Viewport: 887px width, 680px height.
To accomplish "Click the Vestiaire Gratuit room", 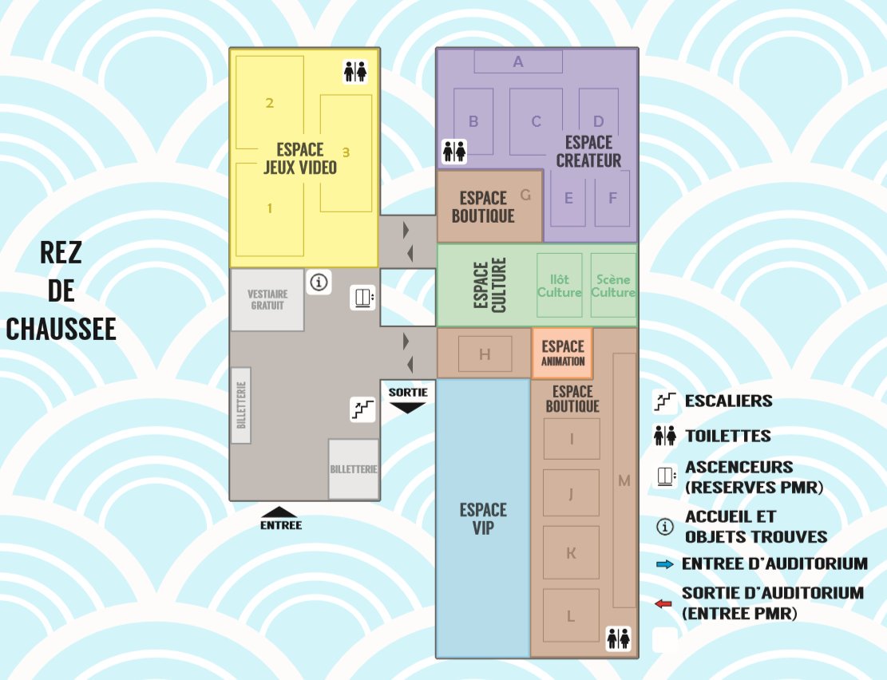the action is tap(267, 300).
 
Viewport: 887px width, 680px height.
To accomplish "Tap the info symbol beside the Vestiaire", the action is tap(319, 282).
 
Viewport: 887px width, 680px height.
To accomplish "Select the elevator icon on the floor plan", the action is tap(362, 298).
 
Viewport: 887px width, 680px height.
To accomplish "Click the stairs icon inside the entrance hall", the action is tap(362, 409).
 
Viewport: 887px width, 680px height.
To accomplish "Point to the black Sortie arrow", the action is tap(408, 407).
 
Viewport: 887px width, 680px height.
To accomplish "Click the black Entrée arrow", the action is tap(280, 512).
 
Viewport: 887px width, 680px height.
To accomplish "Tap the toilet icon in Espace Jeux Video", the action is tap(355, 72).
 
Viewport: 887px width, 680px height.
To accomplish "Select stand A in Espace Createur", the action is tap(518, 61).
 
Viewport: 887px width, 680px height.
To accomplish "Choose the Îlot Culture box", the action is tap(560, 285).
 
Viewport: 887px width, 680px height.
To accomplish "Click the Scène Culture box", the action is tap(613, 285).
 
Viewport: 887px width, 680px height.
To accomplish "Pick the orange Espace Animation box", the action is tap(562, 353).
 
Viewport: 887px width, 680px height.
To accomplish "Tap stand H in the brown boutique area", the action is tap(485, 354).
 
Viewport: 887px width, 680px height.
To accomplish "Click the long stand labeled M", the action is tap(624, 480).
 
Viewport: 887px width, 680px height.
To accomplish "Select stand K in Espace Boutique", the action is tap(572, 552).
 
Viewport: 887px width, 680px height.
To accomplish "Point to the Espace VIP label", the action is tap(483, 519).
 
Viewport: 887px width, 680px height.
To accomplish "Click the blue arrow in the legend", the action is tap(665, 564).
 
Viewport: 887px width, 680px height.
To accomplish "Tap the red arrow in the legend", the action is tap(663, 603).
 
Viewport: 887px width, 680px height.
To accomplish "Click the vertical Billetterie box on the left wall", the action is tap(241, 405).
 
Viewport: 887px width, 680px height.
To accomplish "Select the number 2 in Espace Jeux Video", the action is tap(270, 103).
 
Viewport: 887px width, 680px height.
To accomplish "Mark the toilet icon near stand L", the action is tap(618, 638).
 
